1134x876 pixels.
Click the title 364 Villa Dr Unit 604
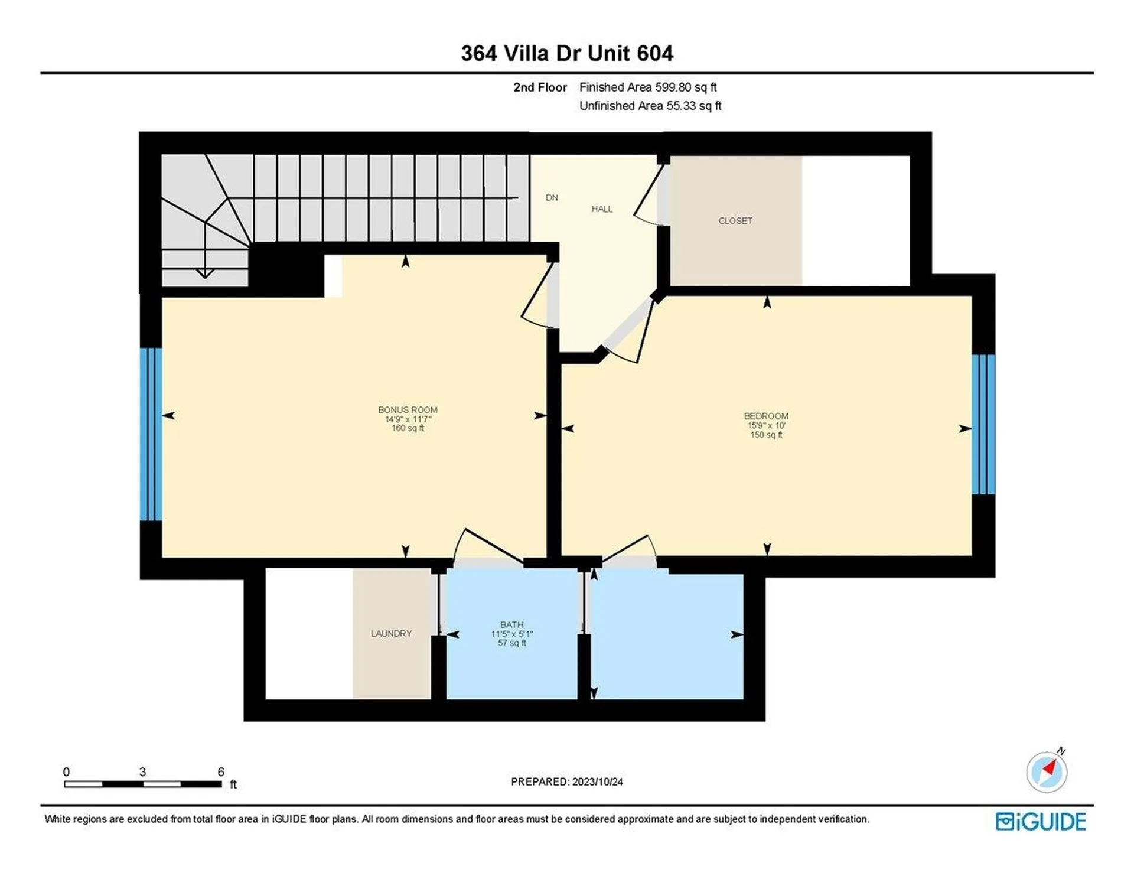[566, 54]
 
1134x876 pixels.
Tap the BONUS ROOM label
[408, 410]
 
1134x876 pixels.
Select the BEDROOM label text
[766, 416]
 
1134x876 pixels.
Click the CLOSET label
[735, 221]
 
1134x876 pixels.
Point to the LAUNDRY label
[391, 633]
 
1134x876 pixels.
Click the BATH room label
[511, 624]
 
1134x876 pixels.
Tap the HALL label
[602, 209]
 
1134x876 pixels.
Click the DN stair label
[552, 198]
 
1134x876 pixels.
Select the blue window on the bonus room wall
[151, 434]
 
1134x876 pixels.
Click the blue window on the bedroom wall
[983, 424]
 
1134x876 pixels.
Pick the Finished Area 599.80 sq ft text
[648, 87]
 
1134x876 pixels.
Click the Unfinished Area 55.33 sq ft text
[650, 106]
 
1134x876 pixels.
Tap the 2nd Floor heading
[540, 87]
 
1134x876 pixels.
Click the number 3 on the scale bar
[142, 772]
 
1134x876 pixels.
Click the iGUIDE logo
[1041, 822]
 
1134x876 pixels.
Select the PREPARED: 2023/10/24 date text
[566, 781]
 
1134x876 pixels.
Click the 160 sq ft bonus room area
[408, 428]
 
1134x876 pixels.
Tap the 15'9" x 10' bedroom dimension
[766, 425]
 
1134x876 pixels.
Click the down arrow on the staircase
[205, 273]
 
